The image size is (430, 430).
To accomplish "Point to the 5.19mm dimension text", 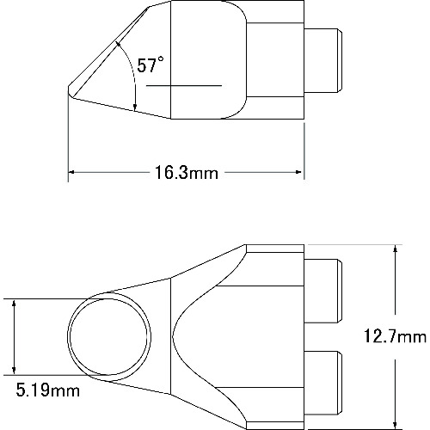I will [x=44, y=391].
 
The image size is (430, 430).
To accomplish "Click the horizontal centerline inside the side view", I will [x=184, y=85].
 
